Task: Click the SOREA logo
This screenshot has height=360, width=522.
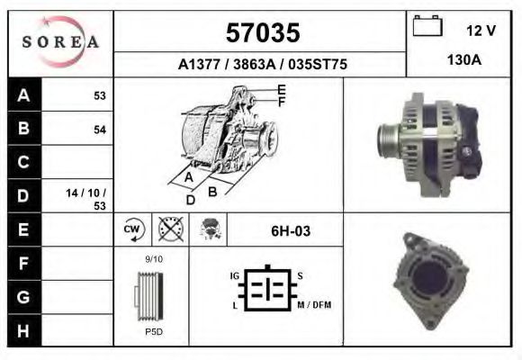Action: click(61, 42)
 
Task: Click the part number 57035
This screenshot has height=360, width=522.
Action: click(262, 33)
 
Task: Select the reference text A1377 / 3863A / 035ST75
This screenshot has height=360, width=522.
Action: click(262, 65)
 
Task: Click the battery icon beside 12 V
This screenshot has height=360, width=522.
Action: click(427, 27)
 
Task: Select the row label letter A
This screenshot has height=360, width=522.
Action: click(23, 95)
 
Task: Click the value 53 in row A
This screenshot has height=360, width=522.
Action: click(100, 95)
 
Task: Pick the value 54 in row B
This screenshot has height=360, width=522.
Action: click(100, 130)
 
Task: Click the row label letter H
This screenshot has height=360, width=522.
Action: click(23, 330)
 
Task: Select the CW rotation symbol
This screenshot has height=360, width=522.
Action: click(132, 230)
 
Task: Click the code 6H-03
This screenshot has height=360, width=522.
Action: click(291, 231)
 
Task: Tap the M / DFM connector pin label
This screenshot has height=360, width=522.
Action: click(314, 305)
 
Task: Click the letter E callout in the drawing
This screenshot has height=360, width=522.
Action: click(282, 89)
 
